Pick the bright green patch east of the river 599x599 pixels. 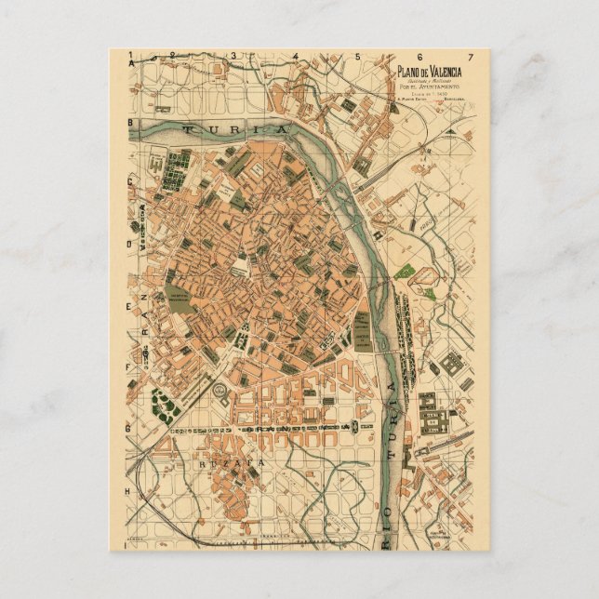pyautogui.click(x=404, y=273)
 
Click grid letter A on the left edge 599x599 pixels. pyautogui.click(x=131, y=65)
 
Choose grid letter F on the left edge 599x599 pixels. pyautogui.click(x=131, y=367)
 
